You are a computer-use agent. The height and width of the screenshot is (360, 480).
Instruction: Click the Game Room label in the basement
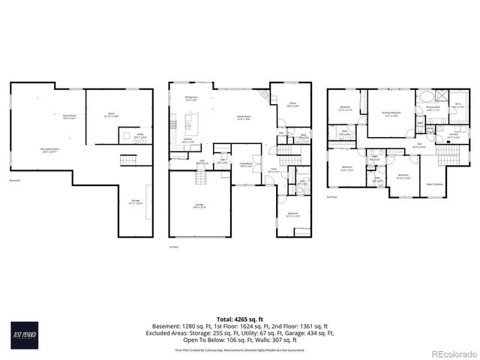(x=70, y=117)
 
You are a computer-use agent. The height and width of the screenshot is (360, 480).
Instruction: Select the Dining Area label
(x=190, y=98)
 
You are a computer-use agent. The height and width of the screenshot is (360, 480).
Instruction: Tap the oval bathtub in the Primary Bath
(x=424, y=96)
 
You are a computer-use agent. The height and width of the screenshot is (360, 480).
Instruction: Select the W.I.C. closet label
(x=458, y=106)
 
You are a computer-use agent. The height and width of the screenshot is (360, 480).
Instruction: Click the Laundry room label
(x=454, y=137)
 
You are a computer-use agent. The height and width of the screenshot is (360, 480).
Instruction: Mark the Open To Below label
(x=435, y=184)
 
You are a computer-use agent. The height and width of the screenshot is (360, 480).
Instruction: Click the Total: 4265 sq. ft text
(x=240, y=319)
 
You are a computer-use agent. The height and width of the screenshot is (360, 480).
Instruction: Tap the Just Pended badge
(x=23, y=334)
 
